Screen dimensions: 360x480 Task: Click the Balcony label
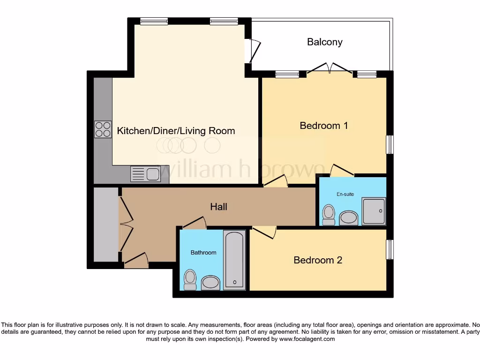pyautogui.click(x=324, y=42)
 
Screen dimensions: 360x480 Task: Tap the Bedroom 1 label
pyautogui.click(x=323, y=126)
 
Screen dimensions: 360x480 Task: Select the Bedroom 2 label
pyautogui.click(x=318, y=260)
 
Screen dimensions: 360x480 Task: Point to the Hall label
pyautogui.click(x=218, y=206)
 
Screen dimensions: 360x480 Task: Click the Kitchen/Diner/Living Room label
pyautogui.click(x=176, y=131)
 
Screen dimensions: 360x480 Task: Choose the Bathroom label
pyautogui.click(x=203, y=253)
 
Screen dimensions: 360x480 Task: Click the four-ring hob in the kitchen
pyautogui.click(x=103, y=129)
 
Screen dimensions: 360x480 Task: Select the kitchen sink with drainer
pyautogui.click(x=146, y=174)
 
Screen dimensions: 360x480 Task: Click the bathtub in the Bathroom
pyautogui.click(x=234, y=260)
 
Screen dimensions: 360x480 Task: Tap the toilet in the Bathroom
pyautogui.click(x=190, y=280)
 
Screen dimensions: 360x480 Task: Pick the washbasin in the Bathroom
pyautogui.click(x=210, y=283)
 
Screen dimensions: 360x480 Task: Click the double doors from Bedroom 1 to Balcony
pyautogui.click(x=330, y=69)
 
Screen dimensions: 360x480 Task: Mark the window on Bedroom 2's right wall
pyautogui.click(x=390, y=249)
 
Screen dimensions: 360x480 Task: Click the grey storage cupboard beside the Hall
pyautogui.click(x=105, y=224)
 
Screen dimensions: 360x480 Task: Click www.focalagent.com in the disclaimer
pyautogui.click(x=307, y=339)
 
